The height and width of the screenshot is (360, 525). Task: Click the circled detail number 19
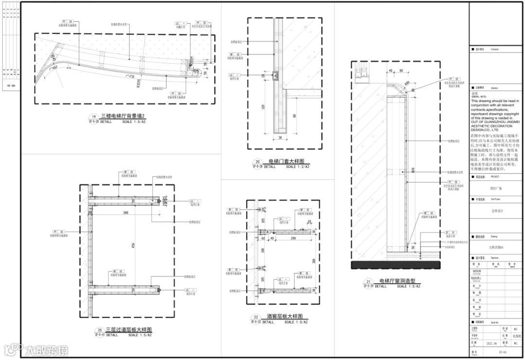coord(93,117)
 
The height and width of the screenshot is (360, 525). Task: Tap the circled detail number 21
coord(368,282)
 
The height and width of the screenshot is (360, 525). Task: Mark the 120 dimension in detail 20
coord(263,106)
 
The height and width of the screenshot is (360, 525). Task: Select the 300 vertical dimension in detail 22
coord(314,260)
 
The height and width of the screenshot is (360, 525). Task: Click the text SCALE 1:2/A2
coord(297,167)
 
